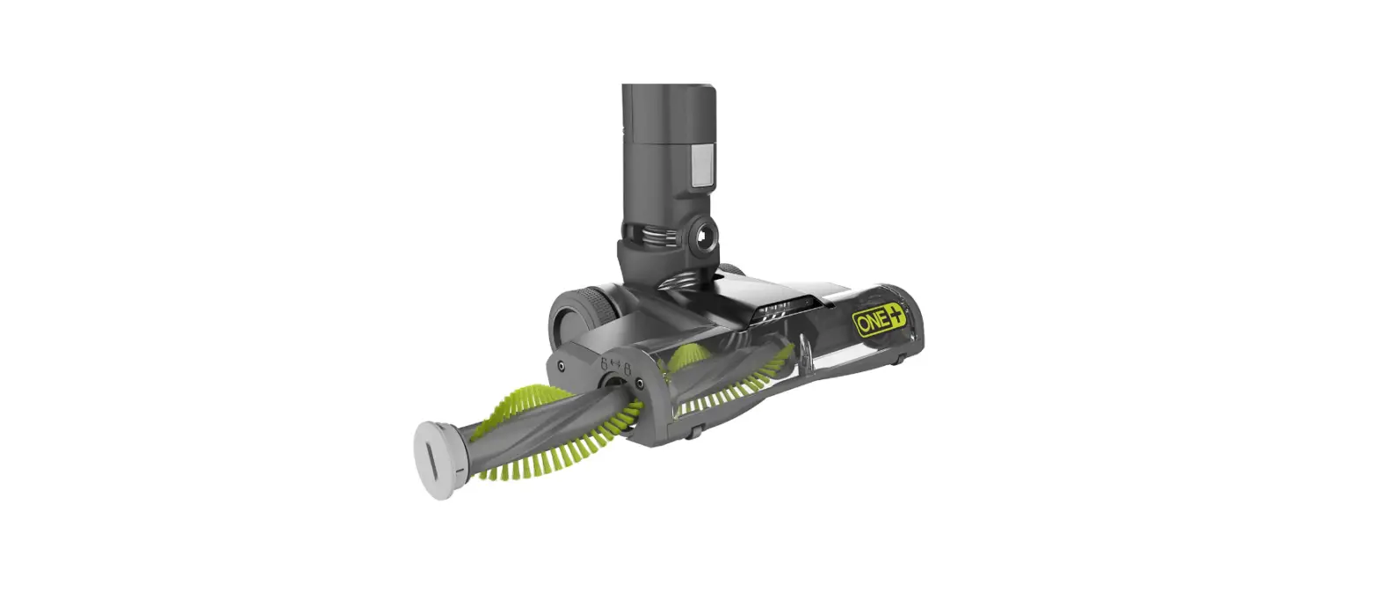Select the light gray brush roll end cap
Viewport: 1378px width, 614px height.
coord(436,458)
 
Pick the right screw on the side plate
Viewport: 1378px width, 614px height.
coord(639,384)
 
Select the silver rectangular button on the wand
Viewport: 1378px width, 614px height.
coord(700,167)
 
